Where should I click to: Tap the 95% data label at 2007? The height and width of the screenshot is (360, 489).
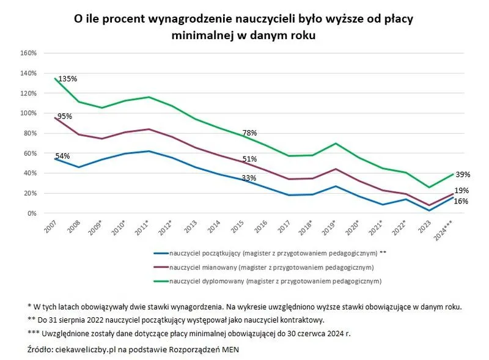(x=64, y=116)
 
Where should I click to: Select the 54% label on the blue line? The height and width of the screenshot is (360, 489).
(x=63, y=156)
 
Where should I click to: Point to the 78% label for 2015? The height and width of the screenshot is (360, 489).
(x=249, y=133)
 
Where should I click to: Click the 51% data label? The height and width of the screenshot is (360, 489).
(x=249, y=159)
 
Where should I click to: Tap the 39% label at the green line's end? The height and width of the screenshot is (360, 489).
(x=462, y=174)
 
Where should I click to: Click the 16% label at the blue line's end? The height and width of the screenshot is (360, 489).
(x=462, y=201)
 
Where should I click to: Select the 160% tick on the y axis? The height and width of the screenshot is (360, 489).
(x=29, y=53)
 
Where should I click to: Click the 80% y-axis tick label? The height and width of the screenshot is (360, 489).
(x=31, y=133)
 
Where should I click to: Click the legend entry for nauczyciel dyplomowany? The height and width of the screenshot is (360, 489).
(x=275, y=281)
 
